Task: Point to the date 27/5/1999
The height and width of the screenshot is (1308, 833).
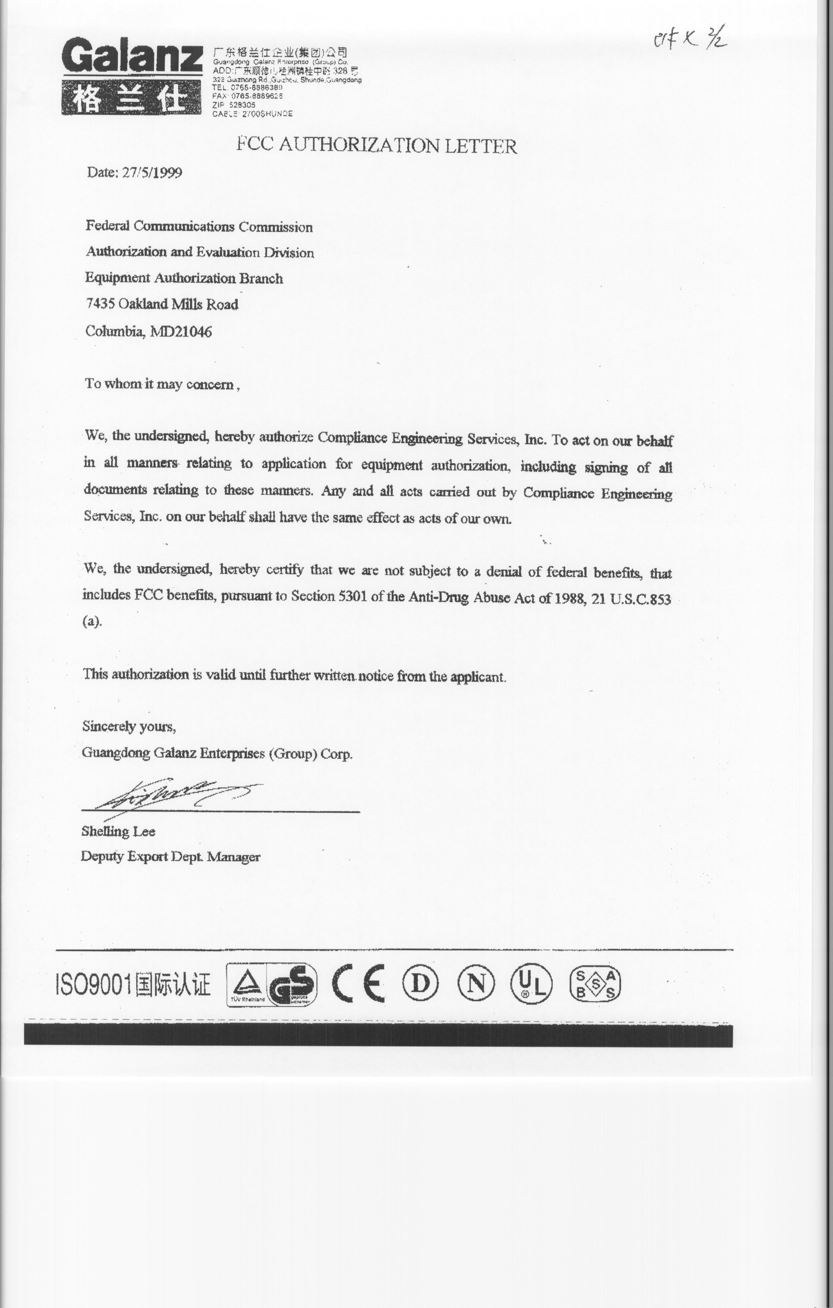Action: tap(152, 173)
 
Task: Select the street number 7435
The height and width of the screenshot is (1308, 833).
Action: tap(100, 303)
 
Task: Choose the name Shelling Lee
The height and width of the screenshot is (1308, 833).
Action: tap(118, 831)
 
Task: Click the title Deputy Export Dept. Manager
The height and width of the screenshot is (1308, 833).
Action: tap(171, 857)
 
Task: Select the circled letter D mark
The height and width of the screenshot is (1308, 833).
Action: tap(420, 984)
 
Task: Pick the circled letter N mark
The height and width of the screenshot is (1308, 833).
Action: tap(476, 984)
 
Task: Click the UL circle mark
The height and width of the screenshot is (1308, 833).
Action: tap(531, 984)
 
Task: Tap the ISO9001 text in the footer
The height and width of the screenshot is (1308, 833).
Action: tap(93, 984)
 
